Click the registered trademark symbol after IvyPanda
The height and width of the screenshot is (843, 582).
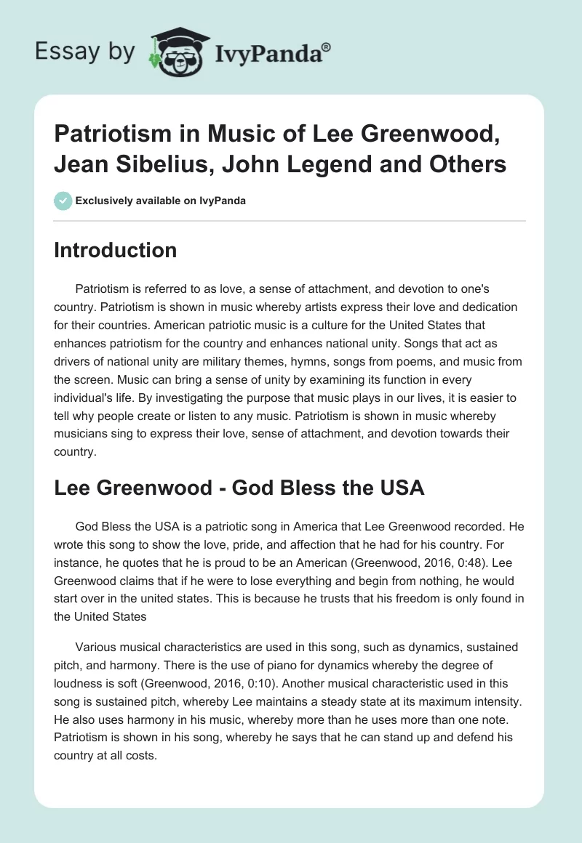(x=327, y=47)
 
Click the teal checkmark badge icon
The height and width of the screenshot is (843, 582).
(x=63, y=201)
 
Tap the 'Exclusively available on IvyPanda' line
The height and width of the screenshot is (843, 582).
(x=161, y=201)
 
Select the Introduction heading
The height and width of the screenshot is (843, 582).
(x=115, y=250)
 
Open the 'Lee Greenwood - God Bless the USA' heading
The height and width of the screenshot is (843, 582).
(x=239, y=487)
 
